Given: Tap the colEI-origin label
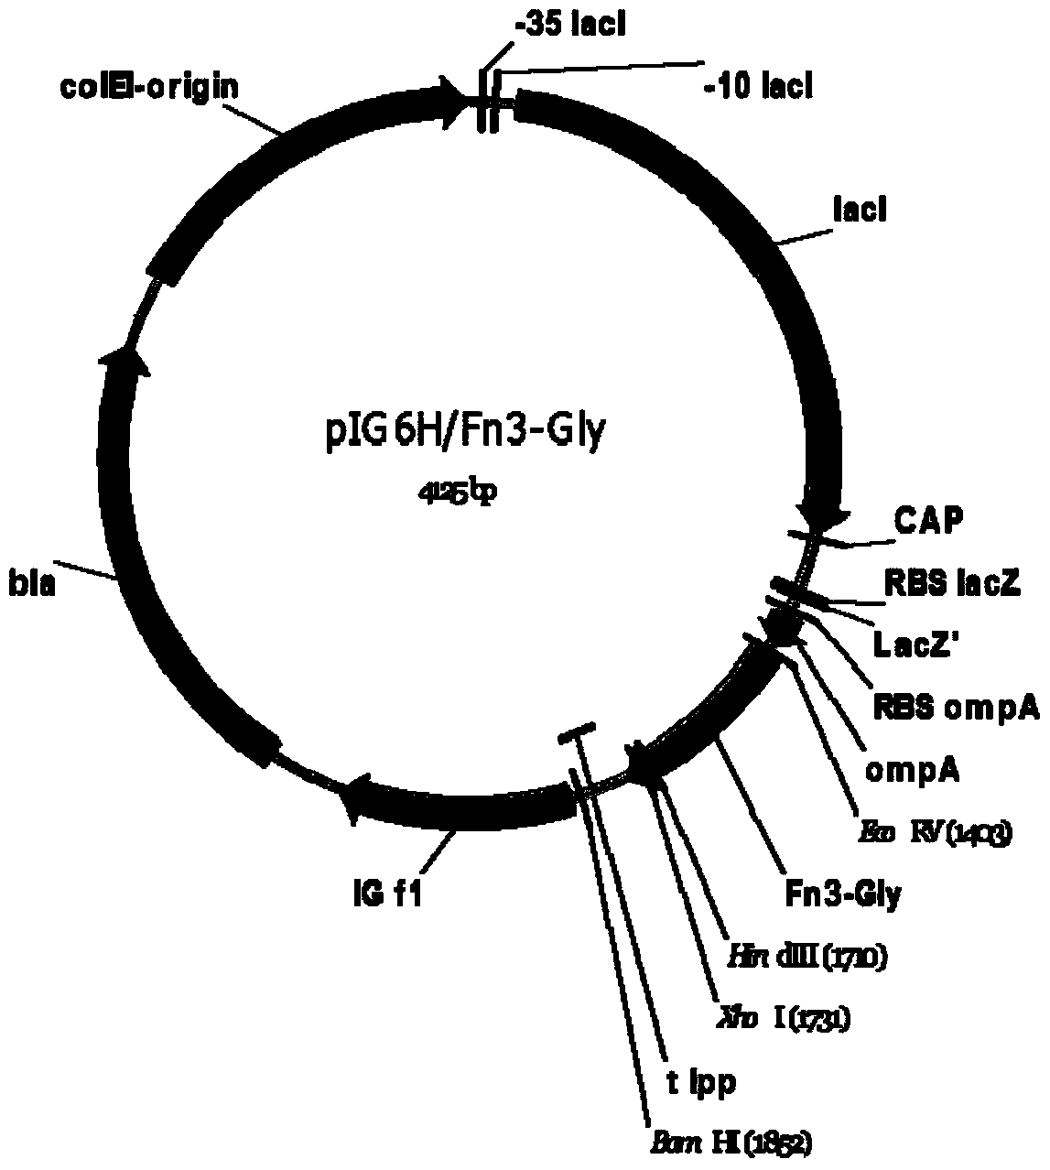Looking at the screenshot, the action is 149,87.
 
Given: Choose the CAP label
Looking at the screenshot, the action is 928,523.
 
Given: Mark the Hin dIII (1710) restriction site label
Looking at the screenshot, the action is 804,957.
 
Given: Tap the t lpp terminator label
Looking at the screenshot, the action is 699,1082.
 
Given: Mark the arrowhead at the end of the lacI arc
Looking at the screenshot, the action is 821,518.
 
